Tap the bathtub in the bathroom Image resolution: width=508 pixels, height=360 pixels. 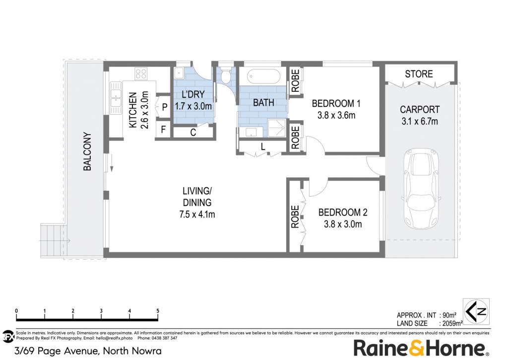[263, 76]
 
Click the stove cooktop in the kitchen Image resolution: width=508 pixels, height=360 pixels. [141, 73]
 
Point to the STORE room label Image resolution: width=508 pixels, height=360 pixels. [419, 74]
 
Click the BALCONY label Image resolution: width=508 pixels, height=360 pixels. [87, 151]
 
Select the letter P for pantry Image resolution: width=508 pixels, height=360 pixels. [165, 107]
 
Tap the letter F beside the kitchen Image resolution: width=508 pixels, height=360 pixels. [163, 130]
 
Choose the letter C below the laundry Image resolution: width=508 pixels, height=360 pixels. [193, 132]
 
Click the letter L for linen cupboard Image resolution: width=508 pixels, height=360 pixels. [263, 147]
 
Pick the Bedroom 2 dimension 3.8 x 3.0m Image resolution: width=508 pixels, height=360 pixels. [343, 224]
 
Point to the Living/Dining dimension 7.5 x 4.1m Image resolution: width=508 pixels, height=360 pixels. [197, 215]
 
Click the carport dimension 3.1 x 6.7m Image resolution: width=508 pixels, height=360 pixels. [420, 121]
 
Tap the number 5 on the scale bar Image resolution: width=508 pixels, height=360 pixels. [158, 311]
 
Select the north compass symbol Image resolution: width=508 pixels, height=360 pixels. [476, 311]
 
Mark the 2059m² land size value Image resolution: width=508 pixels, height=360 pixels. [450, 323]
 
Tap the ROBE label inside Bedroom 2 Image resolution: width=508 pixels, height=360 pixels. [295, 217]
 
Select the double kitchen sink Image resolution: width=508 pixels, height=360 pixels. [115, 98]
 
